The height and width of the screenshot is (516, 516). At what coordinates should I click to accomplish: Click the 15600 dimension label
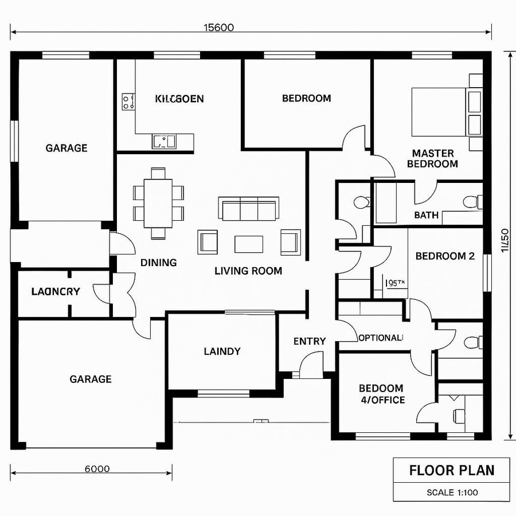218,28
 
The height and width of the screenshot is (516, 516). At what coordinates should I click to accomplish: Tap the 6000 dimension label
97,469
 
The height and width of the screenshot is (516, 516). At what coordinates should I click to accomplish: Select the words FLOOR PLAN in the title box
452,471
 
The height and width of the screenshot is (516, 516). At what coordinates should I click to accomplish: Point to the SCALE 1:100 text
452,492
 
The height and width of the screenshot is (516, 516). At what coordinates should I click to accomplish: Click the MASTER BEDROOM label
432,159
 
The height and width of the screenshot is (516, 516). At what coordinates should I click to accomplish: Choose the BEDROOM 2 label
445,256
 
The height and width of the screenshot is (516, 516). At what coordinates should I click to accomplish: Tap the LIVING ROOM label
248,271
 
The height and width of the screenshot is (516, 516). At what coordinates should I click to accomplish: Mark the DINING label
158,263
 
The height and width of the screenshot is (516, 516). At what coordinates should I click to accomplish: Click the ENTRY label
310,342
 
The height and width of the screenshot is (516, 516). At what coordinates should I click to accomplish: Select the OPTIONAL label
381,338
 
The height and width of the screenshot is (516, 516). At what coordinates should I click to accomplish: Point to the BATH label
426,216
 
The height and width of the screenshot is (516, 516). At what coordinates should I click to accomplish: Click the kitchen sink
165,140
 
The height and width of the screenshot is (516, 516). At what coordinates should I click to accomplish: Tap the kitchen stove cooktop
128,102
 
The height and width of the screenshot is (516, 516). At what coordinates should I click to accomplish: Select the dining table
158,203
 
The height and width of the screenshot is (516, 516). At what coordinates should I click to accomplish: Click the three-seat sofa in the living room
248,209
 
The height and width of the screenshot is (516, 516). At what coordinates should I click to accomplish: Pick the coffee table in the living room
249,244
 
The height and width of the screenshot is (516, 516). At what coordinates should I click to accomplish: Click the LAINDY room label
222,351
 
